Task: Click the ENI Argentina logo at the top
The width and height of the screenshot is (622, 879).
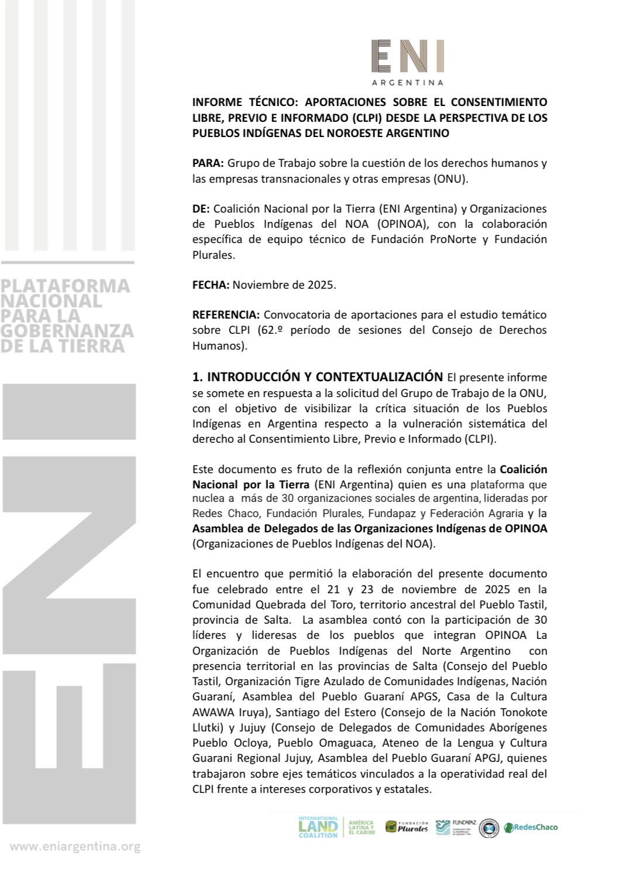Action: tap(408, 62)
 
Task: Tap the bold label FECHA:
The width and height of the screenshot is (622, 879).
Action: tap(211, 285)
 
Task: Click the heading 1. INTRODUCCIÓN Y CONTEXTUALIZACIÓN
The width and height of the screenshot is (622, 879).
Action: tap(318, 377)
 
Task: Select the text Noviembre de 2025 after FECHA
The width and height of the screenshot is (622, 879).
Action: tap(284, 285)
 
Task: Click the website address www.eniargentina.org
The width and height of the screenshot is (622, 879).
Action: tap(75, 847)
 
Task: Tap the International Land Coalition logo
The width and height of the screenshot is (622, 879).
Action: tap(318, 827)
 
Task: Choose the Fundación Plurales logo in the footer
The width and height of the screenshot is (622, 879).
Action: tap(407, 827)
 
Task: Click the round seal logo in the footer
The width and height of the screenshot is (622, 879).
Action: tap(489, 827)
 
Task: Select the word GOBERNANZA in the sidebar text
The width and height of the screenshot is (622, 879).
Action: tap(67, 330)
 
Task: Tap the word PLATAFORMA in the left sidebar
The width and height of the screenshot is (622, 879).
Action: tap(65, 286)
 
